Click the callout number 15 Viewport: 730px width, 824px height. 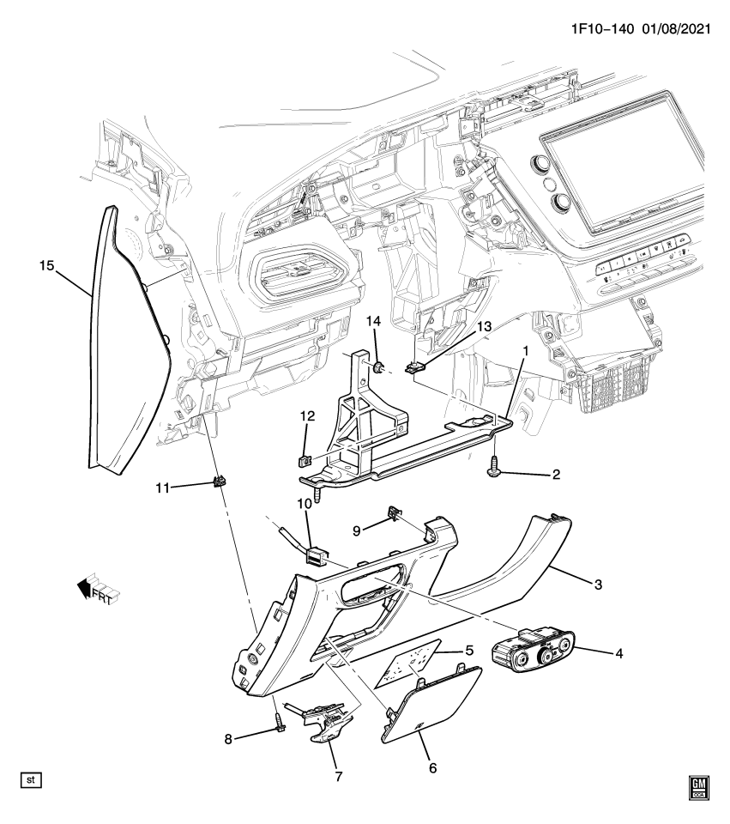pos(46,266)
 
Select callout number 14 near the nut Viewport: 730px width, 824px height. pos(373,322)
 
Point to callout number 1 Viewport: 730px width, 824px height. pos(525,351)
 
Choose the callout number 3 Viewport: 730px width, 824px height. pos(597,585)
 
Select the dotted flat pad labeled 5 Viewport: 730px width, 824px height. pos(416,660)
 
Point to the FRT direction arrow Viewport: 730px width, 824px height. pos(96,589)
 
